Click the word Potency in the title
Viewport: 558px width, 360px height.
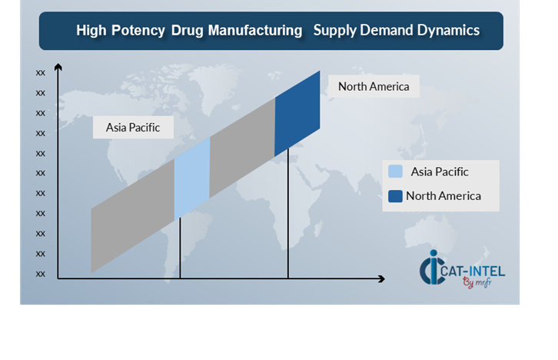pyautogui.click(x=138, y=31)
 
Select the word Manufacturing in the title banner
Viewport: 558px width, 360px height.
pyautogui.click(x=255, y=30)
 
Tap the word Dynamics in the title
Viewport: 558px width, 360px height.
pyautogui.click(x=448, y=31)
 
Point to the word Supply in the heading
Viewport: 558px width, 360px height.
pyautogui.click(x=335, y=31)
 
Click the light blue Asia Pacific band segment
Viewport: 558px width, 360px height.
pyautogui.click(x=192, y=178)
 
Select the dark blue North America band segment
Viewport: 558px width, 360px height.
pyautogui.click(x=297, y=114)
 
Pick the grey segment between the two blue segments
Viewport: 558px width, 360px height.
pyautogui.click(x=242, y=148)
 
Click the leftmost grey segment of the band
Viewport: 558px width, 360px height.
pyautogui.click(x=133, y=216)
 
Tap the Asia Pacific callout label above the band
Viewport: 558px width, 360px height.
pyautogui.click(x=133, y=127)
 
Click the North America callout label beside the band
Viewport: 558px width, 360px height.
pyautogui.click(x=374, y=86)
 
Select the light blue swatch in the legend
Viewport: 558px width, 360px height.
pyautogui.click(x=395, y=172)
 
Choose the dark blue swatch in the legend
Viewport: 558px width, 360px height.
pyautogui.click(x=395, y=196)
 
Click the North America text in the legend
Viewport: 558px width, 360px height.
pyautogui.click(x=443, y=196)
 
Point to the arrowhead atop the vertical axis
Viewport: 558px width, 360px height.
pyautogui.click(x=58, y=67)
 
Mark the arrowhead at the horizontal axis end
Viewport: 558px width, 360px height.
pyautogui.click(x=381, y=278)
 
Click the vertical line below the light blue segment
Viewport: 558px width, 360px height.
pyautogui.click(x=180, y=248)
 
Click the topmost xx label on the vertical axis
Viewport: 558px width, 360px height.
pyautogui.click(x=41, y=73)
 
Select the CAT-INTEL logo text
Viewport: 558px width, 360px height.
pyautogui.click(x=473, y=272)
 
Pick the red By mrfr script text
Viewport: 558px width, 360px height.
pyautogui.click(x=477, y=283)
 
